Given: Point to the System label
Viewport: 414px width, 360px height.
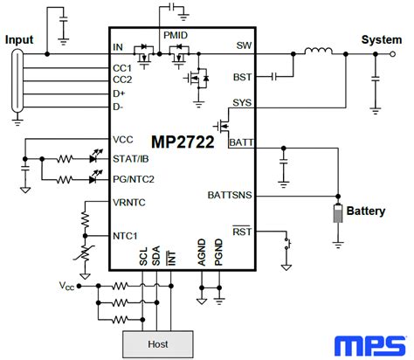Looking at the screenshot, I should tap(382, 39).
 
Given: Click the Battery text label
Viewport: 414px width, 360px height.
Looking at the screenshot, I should tap(366, 211).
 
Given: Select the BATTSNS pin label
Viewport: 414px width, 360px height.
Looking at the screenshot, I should tap(230, 195).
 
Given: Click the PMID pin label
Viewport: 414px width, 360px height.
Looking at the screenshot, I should tap(176, 35).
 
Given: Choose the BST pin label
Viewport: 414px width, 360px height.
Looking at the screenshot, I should tap(243, 77).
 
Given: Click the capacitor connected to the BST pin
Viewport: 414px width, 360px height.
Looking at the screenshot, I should tap(273, 77).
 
